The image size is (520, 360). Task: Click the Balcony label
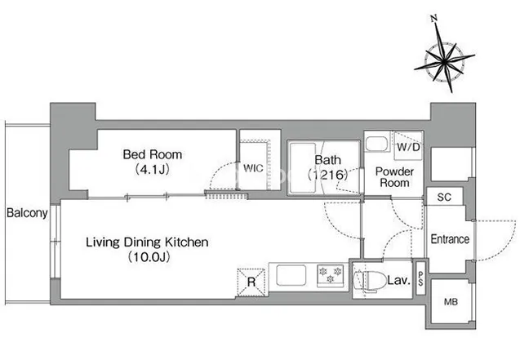(27, 213)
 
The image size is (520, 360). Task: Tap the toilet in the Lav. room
(366, 282)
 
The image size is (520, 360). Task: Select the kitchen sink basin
(291, 275)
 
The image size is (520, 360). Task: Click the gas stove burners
(331, 275)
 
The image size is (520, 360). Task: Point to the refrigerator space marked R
(251, 282)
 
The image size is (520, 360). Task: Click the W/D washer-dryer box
(408, 146)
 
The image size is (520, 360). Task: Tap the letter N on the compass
(434, 18)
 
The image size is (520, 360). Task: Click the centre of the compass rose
(444, 61)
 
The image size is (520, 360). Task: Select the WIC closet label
(253, 168)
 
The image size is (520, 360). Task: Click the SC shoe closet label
(444, 198)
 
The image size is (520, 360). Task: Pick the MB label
(451, 302)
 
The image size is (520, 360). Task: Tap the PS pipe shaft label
(420, 278)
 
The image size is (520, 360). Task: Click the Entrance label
(450, 239)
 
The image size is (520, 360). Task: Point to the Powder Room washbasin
(377, 143)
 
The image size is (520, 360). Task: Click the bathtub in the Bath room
(302, 167)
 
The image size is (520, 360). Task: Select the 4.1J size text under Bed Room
(152, 170)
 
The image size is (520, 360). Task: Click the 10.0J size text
(149, 257)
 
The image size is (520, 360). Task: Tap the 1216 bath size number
(327, 175)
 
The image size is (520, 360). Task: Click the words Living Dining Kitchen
(147, 242)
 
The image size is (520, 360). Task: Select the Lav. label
(399, 281)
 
